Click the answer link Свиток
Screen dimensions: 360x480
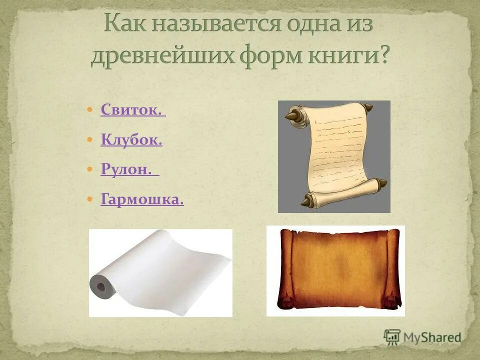point(132,109)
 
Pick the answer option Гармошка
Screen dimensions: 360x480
point(142,199)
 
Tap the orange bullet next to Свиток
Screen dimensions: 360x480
point(90,109)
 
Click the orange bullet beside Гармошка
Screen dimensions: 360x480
point(90,199)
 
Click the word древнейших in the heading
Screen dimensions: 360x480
point(165,56)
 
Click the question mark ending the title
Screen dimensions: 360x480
point(383,56)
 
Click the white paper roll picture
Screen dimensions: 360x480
point(160,272)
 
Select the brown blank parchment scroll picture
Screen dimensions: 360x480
point(335,270)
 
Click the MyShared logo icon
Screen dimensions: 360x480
point(392,336)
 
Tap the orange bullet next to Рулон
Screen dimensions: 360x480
point(90,169)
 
